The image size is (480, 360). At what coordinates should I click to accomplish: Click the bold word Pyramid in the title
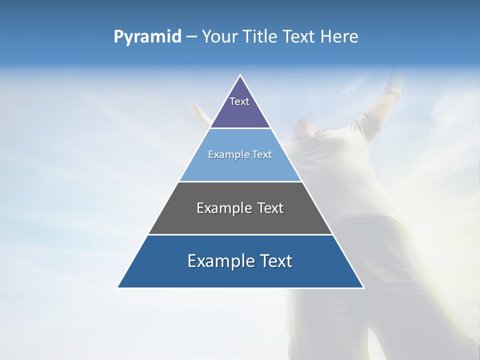tap(147, 37)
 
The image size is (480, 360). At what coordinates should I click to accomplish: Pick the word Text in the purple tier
tap(239, 101)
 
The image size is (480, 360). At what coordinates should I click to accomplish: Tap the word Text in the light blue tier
tap(262, 154)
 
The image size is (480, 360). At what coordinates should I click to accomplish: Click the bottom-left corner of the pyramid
tap(118, 287)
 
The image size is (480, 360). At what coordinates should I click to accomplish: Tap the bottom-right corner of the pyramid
tap(363, 287)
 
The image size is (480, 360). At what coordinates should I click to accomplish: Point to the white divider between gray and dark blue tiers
tap(240, 234)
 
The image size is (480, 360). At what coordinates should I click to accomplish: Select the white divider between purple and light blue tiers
tap(240, 128)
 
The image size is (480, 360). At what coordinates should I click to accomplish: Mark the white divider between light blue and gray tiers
tap(240, 181)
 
